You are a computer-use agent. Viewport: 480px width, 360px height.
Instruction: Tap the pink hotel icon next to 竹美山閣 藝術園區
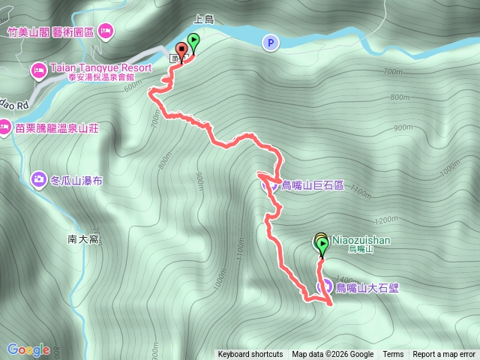pyautogui.click(x=106, y=31)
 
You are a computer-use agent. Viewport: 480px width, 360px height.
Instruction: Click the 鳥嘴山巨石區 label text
pyautogui.click(x=312, y=184)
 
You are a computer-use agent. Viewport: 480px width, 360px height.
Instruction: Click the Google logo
pyautogui.click(x=28, y=349)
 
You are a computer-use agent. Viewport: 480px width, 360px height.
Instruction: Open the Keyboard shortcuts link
pyautogui.click(x=250, y=355)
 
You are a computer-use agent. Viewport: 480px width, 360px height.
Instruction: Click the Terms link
pyautogui.click(x=393, y=355)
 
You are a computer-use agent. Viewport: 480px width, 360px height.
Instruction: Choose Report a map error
pyautogui.click(x=445, y=355)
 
